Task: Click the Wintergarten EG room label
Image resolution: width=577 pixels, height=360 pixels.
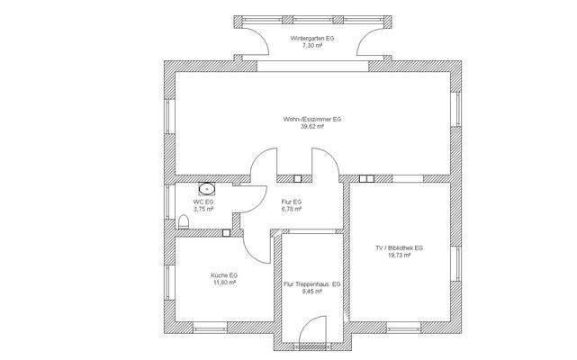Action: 312,39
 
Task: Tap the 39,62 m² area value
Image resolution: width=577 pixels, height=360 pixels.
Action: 312,126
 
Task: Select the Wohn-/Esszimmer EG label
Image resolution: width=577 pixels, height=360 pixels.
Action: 312,120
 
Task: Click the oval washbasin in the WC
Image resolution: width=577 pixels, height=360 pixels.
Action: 207,189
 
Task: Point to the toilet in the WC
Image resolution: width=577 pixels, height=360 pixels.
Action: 184,222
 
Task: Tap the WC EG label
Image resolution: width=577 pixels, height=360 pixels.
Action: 203,202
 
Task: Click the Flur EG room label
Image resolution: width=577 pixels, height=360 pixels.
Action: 292,202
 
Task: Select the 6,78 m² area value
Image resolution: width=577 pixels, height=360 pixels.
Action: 292,209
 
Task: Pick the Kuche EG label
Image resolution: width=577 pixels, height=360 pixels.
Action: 224,275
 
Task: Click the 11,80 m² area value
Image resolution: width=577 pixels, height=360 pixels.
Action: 224,283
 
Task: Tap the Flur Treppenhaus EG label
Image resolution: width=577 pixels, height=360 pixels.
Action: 312,284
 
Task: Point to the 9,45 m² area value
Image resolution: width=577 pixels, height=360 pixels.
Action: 312,292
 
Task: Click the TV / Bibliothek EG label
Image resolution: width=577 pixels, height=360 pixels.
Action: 400,248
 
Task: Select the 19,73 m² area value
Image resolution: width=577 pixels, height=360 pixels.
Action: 400,255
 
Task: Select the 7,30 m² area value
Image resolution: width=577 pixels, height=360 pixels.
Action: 312,46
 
